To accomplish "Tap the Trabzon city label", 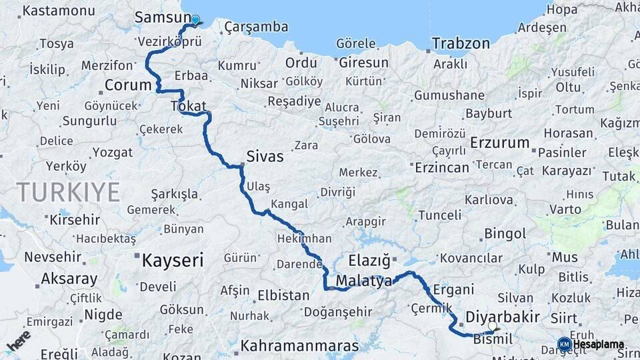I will [x=461, y=44].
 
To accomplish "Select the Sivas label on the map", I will [x=265, y=157].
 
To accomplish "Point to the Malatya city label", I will [x=363, y=281].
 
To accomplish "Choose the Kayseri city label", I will [x=171, y=260].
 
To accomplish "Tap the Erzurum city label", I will [x=499, y=143].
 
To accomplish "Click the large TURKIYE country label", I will [x=69, y=192].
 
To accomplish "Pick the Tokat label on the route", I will [x=189, y=105].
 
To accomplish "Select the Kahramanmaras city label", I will [x=299, y=346].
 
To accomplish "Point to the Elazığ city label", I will [x=369, y=260].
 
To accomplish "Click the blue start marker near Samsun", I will [x=195, y=20].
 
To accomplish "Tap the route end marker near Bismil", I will [x=494, y=328].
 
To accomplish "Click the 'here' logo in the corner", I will [x=19, y=341].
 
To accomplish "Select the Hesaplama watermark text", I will [x=598, y=345].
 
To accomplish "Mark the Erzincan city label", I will [x=442, y=167].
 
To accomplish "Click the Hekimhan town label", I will [x=304, y=238].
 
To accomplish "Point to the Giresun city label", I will [x=363, y=63].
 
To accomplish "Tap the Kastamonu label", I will [x=59, y=11].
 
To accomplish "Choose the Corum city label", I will [x=129, y=86].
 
